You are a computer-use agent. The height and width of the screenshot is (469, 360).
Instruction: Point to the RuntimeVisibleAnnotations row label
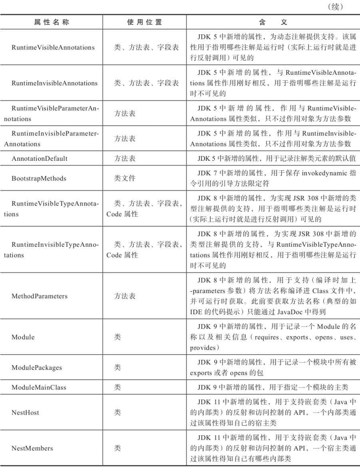[x=53, y=48]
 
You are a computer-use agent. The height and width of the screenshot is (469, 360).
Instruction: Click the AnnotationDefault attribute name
[x=39, y=158]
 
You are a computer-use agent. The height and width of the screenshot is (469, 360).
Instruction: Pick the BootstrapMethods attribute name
[x=39, y=178]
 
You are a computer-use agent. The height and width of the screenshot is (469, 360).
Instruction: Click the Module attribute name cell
[x=23, y=337]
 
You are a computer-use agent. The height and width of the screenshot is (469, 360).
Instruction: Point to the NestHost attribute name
[x=25, y=413]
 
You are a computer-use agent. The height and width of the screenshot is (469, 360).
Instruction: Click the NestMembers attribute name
[x=32, y=448]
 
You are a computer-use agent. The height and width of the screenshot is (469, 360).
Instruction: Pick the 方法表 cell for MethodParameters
[x=125, y=296]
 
